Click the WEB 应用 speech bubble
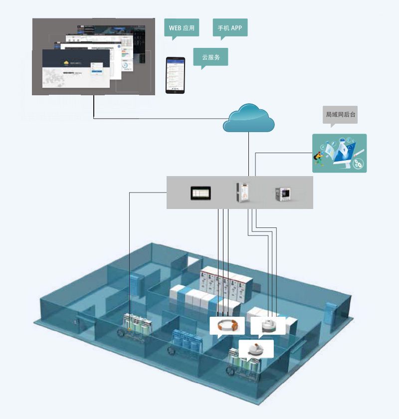coord(182,27)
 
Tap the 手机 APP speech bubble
coord(230,27)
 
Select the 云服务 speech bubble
coord(210,57)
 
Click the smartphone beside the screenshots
coord(175,75)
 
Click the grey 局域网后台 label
coord(341,115)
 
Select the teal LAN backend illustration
coord(339,153)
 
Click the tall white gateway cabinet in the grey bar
coord(243,193)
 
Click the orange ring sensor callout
coord(227,325)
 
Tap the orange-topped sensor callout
coord(256,349)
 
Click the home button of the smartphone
coord(175,90)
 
